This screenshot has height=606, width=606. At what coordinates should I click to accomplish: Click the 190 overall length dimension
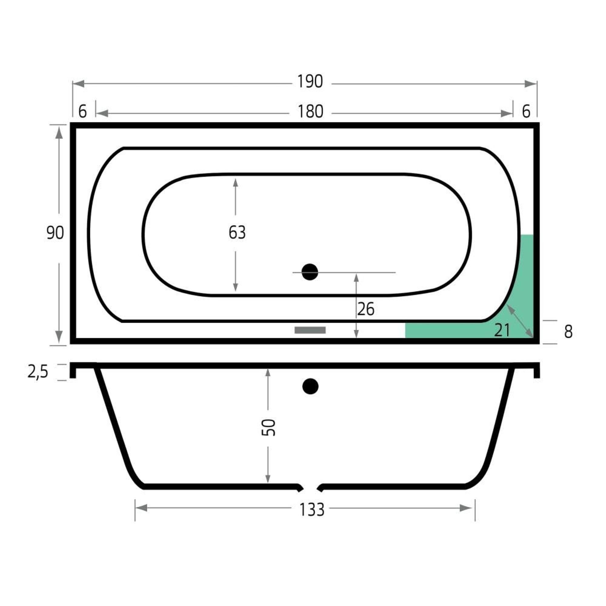[310, 82]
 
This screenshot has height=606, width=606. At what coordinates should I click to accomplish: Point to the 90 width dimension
[55, 233]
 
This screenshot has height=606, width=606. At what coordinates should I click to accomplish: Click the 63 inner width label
[237, 232]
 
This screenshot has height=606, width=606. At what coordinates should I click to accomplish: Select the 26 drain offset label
[366, 310]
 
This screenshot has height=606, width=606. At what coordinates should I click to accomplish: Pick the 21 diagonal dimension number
[502, 330]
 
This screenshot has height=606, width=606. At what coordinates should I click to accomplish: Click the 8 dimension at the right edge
[568, 332]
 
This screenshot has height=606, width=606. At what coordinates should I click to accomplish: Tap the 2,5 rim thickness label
[38, 372]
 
